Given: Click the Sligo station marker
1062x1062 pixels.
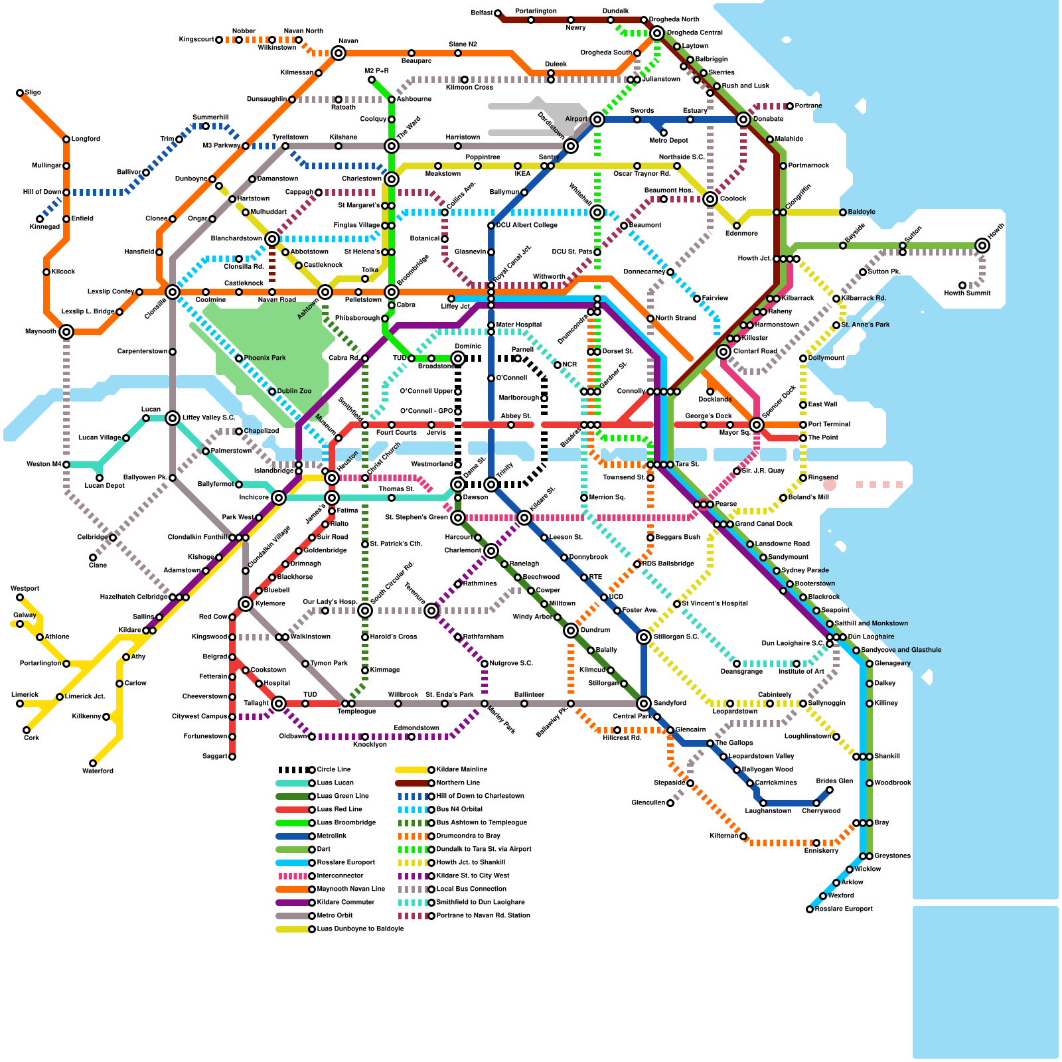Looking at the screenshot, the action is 20,93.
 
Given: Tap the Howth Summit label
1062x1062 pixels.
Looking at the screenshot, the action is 967,293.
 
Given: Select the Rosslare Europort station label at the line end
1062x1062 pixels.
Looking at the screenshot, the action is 844,909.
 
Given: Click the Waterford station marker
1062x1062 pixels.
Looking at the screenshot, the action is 93,763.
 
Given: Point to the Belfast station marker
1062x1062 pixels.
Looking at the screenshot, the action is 498,13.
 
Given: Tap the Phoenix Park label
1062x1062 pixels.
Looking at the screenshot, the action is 265,358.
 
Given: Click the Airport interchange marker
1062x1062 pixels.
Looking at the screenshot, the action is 597,119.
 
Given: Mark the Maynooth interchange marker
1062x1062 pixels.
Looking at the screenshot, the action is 66,332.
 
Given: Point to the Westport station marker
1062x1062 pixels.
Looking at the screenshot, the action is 20,597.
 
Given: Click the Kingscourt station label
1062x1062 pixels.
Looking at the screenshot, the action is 196,40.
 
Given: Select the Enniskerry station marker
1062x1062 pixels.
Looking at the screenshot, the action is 816,843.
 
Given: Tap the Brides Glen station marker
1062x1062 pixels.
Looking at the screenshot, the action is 830,790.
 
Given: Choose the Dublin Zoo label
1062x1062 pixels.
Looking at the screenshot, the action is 294,392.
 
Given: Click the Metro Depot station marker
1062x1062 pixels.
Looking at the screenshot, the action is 664,133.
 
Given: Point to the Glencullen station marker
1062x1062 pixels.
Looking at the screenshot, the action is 670,803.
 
